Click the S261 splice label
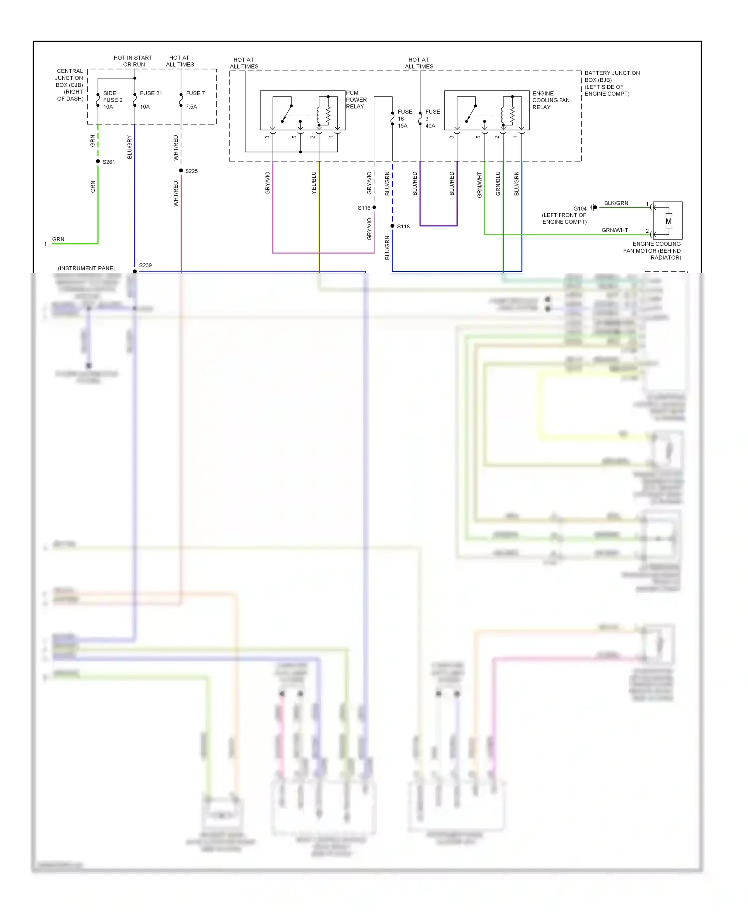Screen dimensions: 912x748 point(109,162)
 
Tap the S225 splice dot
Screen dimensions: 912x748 point(181,171)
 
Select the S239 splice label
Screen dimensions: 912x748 point(145,265)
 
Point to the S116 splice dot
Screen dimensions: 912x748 point(374,207)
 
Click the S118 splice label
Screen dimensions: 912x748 point(403,227)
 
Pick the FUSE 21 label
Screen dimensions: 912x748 point(151,93)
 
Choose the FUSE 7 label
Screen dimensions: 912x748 point(195,93)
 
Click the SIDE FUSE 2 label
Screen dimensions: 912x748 point(112,97)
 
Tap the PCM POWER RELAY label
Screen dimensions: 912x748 point(356,100)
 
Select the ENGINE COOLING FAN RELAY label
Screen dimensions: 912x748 point(551,100)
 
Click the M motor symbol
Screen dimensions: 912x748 point(668,221)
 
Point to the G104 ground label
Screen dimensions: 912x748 point(580,209)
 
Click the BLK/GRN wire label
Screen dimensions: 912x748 point(616,203)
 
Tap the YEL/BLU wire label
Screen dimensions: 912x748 point(314,183)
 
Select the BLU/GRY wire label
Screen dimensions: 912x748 point(130,147)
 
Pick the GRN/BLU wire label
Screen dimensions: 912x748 point(498,183)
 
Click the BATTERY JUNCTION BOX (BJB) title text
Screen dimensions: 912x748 point(612,76)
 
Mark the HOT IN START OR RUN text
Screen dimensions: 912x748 point(133,61)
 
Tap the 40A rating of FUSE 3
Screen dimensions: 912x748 point(430,126)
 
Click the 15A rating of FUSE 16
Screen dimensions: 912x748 point(402,126)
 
